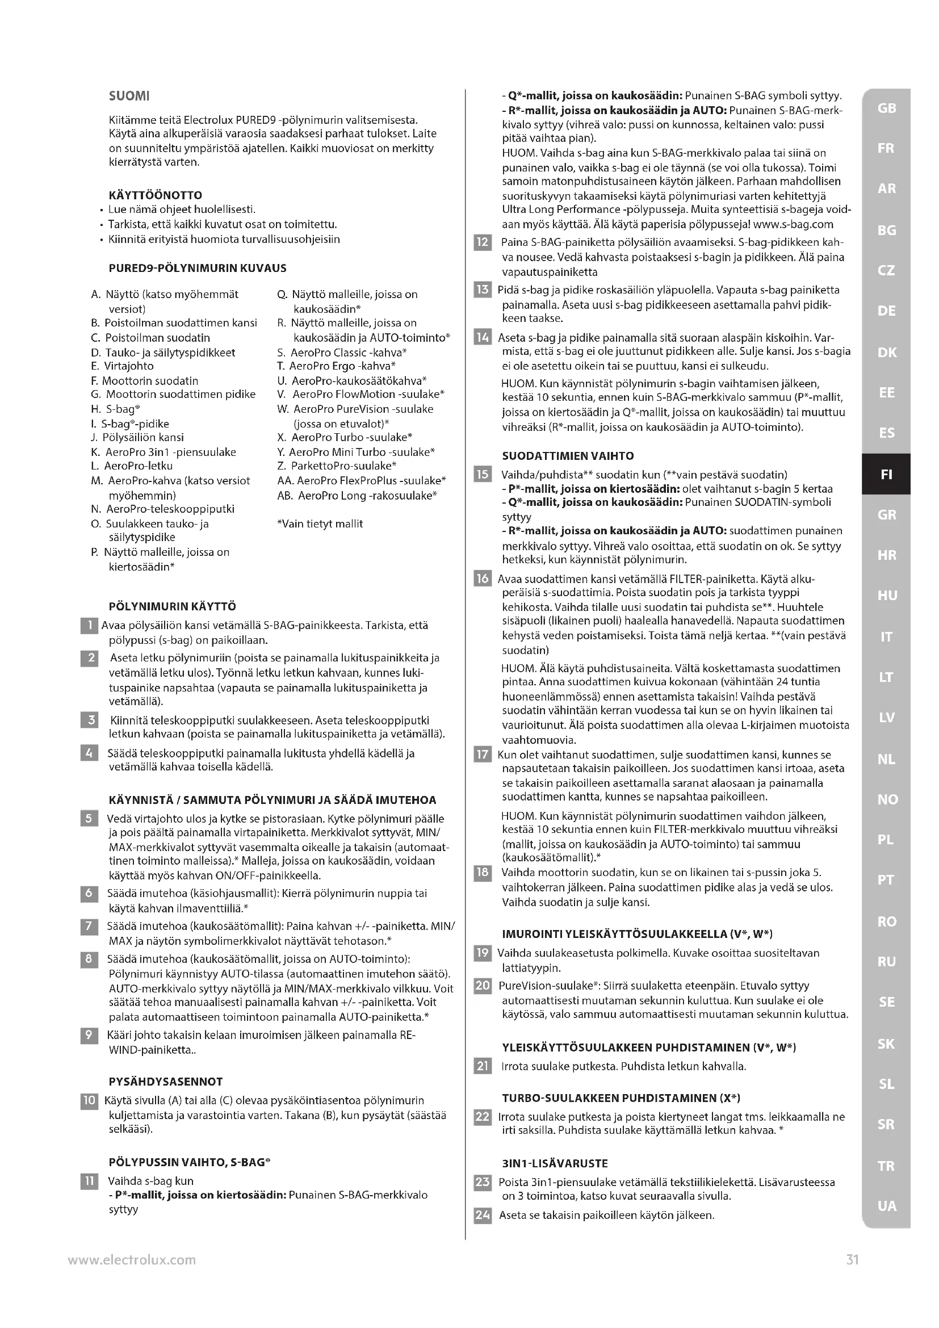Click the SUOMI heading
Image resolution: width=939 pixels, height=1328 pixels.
(x=129, y=96)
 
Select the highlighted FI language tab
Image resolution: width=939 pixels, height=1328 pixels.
(x=886, y=474)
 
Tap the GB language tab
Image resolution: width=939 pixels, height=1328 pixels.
(x=886, y=108)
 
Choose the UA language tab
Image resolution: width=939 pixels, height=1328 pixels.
(x=886, y=1206)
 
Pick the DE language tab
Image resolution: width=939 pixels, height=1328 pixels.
(x=886, y=311)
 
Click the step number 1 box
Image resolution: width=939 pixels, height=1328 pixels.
(x=89, y=626)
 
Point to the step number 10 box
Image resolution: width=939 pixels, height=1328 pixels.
(x=89, y=1100)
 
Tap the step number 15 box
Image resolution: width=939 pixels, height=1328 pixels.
(x=482, y=475)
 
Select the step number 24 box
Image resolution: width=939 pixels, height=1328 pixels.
(x=482, y=1215)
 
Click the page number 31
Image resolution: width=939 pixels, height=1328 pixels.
(x=852, y=1260)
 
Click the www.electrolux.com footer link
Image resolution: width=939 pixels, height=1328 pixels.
(x=132, y=1260)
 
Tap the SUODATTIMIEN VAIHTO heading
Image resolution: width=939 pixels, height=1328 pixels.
(x=568, y=456)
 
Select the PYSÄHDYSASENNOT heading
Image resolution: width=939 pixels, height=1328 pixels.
(x=165, y=1082)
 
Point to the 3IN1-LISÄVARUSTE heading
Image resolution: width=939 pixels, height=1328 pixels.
(x=555, y=1163)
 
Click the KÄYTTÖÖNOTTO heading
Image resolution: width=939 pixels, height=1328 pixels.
(x=156, y=195)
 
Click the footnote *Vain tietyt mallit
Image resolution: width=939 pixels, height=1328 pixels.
(x=320, y=524)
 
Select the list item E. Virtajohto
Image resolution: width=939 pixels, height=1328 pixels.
(x=123, y=366)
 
